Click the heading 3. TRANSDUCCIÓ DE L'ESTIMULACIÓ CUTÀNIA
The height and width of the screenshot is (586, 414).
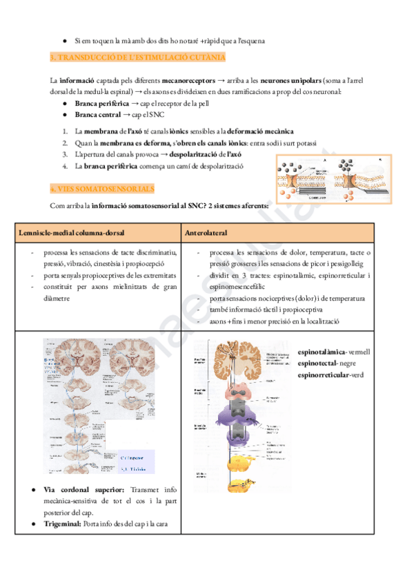pos(138,57)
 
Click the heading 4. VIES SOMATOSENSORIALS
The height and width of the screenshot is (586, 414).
pos(103,189)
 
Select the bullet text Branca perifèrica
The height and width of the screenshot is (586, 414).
pos(101,104)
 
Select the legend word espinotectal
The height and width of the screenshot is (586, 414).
pos(319,363)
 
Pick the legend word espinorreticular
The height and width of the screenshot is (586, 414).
pos(323,375)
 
